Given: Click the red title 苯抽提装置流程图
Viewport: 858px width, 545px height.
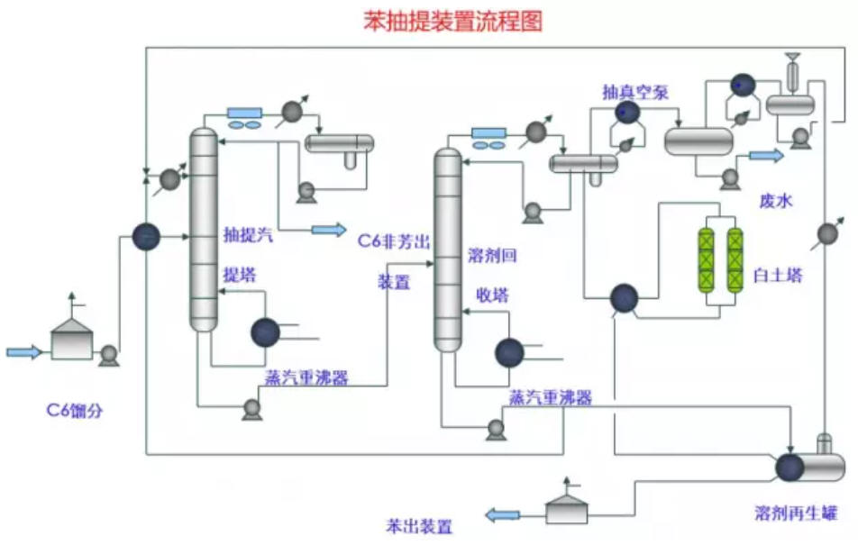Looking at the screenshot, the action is click(x=453, y=22).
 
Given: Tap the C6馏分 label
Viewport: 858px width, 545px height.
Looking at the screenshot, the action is click(x=75, y=410).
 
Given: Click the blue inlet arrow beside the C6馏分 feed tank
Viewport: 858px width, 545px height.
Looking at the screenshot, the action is click(x=24, y=352).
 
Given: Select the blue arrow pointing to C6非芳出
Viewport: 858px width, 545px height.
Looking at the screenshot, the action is click(x=329, y=230).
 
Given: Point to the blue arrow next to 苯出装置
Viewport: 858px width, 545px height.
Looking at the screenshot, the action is click(x=502, y=515).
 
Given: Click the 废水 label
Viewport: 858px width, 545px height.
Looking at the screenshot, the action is click(x=775, y=201).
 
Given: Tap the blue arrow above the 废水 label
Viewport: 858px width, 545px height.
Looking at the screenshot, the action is click(x=767, y=156).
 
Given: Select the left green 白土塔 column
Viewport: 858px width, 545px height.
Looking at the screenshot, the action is click(x=707, y=260).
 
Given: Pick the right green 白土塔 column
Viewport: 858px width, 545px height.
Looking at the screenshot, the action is click(x=735, y=260).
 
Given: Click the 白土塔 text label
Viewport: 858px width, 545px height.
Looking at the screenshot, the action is click(x=778, y=275).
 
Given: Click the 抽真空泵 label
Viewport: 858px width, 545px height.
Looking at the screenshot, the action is click(x=635, y=92).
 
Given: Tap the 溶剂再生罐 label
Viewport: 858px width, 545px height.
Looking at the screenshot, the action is click(x=796, y=513).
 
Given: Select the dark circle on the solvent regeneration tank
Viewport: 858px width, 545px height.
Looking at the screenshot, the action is click(x=790, y=468).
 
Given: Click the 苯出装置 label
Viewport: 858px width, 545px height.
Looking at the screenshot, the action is click(x=419, y=526).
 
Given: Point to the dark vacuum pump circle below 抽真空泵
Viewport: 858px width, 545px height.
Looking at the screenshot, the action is click(x=627, y=113).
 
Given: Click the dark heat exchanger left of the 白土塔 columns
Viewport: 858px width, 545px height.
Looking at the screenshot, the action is click(x=624, y=298).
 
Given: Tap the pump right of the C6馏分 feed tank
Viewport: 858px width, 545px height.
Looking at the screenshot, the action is click(x=109, y=356).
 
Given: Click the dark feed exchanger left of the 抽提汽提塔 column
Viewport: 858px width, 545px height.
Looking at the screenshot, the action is click(x=146, y=237).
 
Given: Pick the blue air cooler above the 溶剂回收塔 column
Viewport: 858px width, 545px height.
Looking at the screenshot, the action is click(x=488, y=133).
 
